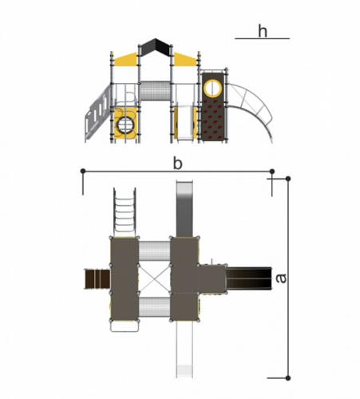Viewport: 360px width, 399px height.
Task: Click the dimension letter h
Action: (x=263, y=31)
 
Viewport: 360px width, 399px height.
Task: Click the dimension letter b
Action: (x=178, y=163)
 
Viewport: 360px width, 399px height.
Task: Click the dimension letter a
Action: (x=281, y=279)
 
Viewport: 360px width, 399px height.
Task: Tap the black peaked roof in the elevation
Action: (x=156, y=47)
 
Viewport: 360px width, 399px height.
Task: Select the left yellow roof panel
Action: (x=125, y=59)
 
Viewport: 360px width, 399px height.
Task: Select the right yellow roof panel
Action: (x=185, y=59)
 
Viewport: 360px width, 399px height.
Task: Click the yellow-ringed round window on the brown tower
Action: (x=212, y=88)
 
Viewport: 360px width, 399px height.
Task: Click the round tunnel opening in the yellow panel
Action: (x=125, y=124)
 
